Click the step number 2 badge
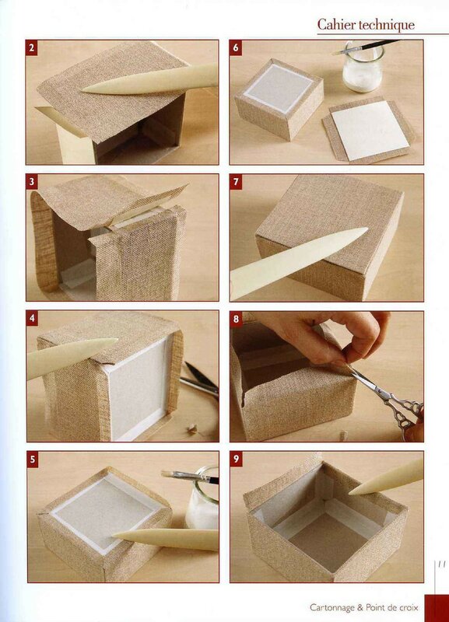[x=31, y=48]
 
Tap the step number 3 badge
[x=32, y=182]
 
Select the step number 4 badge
[x=32, y=319]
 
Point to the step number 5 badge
[x=33, y=460]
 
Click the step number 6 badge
[x=236, y=48]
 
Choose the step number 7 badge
[x=236, y=182]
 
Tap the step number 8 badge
[x=237, y=319]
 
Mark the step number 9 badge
[x=237, y=459]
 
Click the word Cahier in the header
[x=337, y=25]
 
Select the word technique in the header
[x=387, y=26]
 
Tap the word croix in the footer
[x=409, y=607]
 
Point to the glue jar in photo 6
[x=363, y=69]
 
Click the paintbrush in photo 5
[x=190, y=477]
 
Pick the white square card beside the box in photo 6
[x=369, y=131]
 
